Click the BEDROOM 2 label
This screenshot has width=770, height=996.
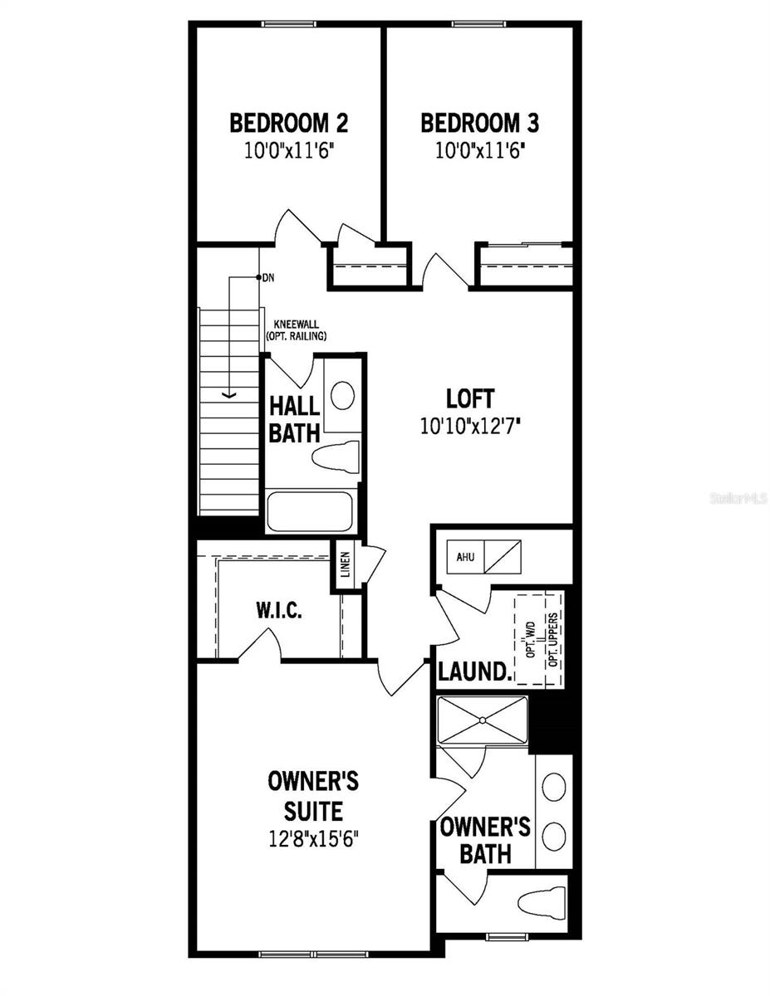pyautogui.click(x=288, y=124)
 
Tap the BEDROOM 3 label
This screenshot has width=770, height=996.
pyautogui.click(x=479, y=124)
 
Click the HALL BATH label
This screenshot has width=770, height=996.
pyautogui.click(x=294, y=419)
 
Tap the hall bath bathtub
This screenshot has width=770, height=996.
pyautogui.click(x=310, y=510)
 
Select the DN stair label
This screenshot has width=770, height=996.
pyautogui.click(x=267, y=277)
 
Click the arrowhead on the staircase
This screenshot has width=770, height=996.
pyautogui.click(x=230, y=394)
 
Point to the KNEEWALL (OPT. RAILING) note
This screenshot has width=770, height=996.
pyautogui.click(x=296, y=331)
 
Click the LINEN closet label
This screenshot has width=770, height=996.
pyautogui.click(x=345, y=565)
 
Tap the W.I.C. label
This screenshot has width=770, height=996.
pyautogui.click(x=278, y=612)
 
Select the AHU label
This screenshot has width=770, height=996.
pyautogui.click(x=465, y=556)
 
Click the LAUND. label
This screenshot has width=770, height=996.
pyautogui.click(x=473, y=671)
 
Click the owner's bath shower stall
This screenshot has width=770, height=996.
pyautogui.click(x=483, y=720)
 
